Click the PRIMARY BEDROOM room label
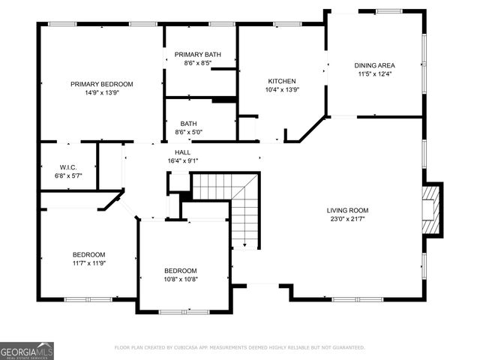point(101,84)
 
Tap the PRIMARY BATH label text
point(197,55)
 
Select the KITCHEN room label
point(282,81)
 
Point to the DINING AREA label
point(374,65)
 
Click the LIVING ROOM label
point(347,210)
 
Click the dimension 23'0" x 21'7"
point(347,219)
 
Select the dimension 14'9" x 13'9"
point(101,93)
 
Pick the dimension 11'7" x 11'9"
point(88,263)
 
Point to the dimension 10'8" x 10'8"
point(181,280)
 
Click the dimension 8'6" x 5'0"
point(188,133)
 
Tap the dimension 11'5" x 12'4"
point(374,74)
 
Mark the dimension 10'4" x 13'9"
point(282,90)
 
